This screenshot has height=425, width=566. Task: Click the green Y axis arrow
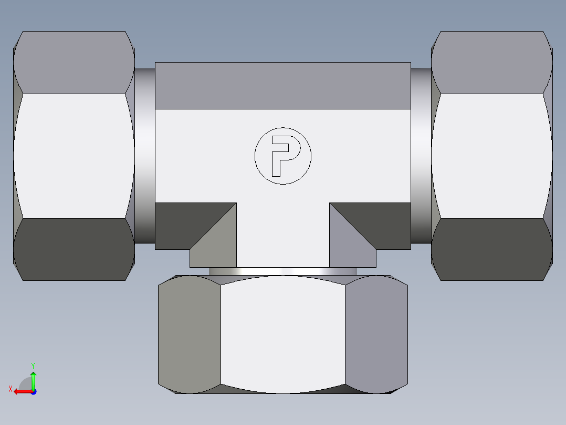tap(33, 378)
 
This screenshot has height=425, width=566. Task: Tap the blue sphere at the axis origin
tap(33, 392)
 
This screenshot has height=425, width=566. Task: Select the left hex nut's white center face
tap(74, 156)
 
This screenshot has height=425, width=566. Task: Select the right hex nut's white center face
tap(491, 156)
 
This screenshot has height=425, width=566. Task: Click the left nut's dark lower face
tap(74, 249)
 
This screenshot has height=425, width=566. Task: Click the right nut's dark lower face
tap(491, 249)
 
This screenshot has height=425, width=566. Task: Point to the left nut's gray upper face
tap(74, 62)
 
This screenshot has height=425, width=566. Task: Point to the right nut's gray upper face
tap(491, 62)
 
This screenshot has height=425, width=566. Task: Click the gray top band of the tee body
tap(282, 85)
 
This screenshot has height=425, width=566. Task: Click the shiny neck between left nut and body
tap(144, 156)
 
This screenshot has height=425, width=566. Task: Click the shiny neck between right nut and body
tap(421, 156)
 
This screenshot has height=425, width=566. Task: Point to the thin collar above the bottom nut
tap(282, 271)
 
